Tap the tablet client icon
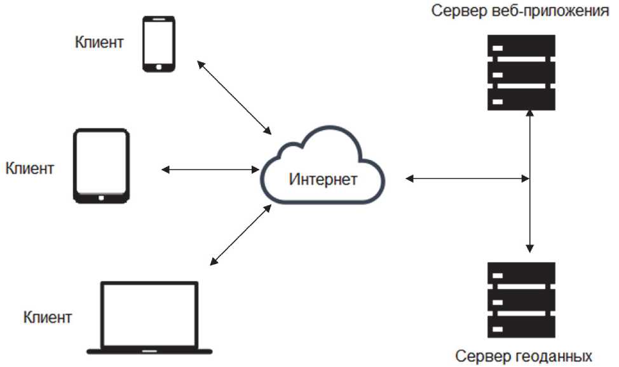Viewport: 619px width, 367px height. click(x=101, y=166)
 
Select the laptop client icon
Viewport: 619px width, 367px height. click(x=150, y=318)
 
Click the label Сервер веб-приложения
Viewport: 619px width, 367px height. click(x=520, y=11)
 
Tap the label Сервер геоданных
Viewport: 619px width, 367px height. click(x=520, y=355)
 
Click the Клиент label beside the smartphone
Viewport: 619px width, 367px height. click(x=99, y=43)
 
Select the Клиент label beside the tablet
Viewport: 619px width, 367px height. click(x=30, y=169)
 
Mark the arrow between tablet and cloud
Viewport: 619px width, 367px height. click(x=210, y=170)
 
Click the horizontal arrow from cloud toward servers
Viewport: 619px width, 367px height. click(x=467, y=179)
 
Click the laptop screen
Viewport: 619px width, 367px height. click(x=150, y=313)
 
